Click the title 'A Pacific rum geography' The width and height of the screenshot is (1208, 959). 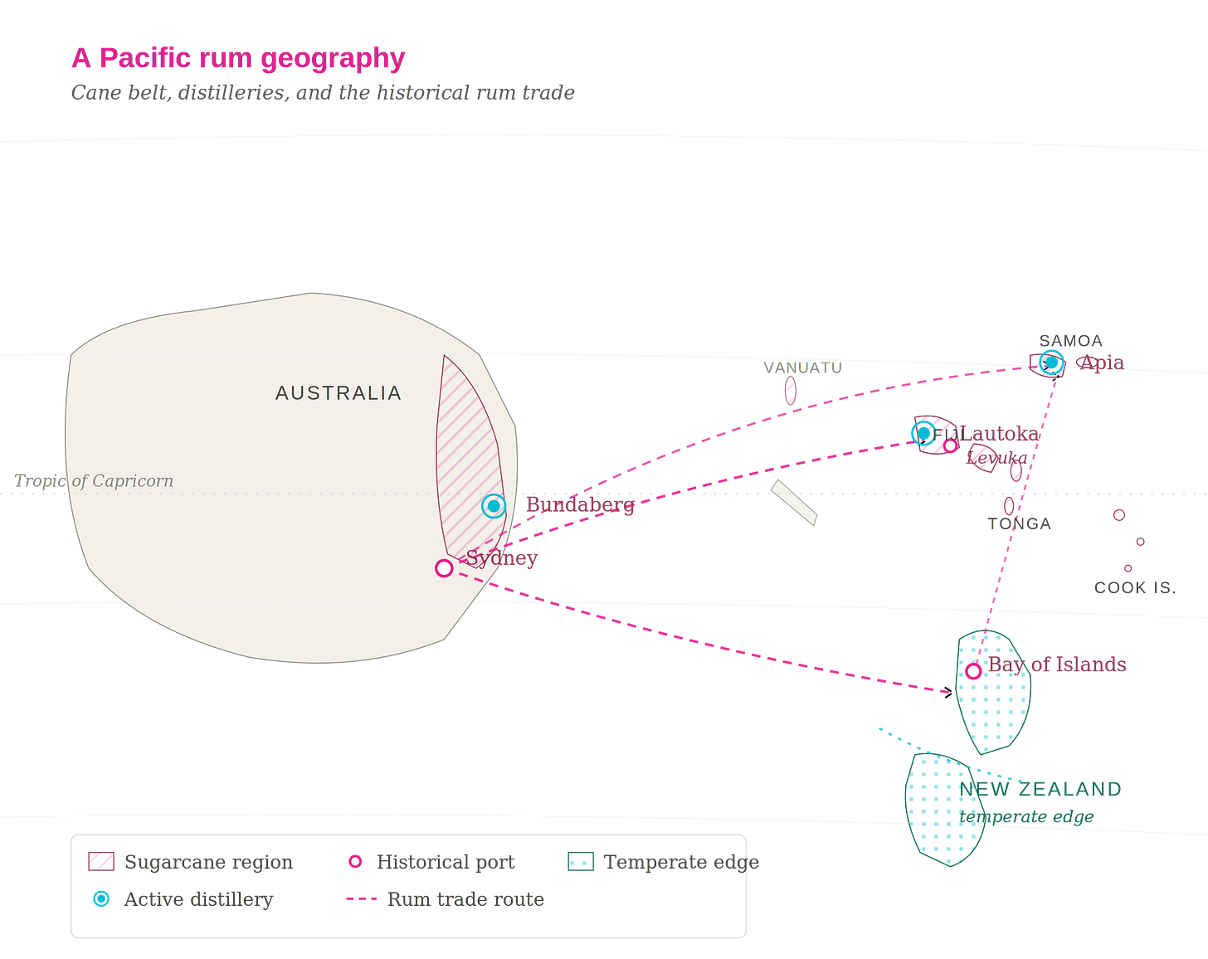click(x=238, y=59)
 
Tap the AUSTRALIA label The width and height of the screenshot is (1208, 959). click(x=339, y=393)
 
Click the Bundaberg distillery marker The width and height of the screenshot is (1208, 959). click(x=494, y=506)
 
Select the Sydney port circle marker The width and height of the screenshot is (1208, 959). click(x=444, y=568)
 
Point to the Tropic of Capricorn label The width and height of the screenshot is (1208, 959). click(x=93, y=481)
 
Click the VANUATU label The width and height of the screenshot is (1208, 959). click(x=802, y=368)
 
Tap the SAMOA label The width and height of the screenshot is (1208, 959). click(x=1071, y=341)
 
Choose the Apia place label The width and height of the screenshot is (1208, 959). click(x=1100, y=363)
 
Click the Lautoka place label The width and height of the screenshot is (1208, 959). click(x=1001, y=433)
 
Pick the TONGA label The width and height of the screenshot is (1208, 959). click(x=1020, y=523)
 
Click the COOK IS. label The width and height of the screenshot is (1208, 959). click(x=1134, y=587)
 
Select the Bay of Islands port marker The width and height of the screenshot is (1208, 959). click(x=974, y=671)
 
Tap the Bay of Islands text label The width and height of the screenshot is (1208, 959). click(x=1058, y=664)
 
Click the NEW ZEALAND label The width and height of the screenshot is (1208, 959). click(x=1040, y=789)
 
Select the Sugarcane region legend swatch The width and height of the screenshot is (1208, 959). click(x=101, y=862)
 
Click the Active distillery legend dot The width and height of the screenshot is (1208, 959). click(x=101, y=898)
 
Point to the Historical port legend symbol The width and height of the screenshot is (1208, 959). click(x=355, y=862)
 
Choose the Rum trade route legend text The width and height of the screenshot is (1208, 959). click(x=465, y=898)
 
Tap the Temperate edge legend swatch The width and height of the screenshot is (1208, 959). click(x=580, y=862)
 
